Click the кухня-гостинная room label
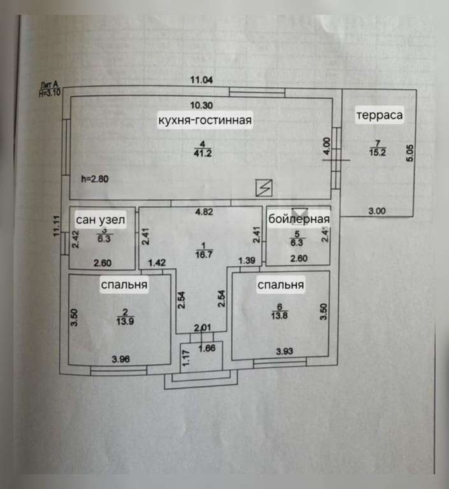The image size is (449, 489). tap(206, 120)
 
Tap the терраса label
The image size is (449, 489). tap(379, 115)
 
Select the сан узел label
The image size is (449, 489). tap(100, 220)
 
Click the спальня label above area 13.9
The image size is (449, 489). tap(124, 285)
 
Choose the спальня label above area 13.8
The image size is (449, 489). tap(280, 285)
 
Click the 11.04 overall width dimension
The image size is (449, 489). tap(203, 80)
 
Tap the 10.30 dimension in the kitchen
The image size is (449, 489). tap(203, 106)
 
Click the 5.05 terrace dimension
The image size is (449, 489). tap(410, 153)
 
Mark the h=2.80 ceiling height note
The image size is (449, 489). tap(96, 179)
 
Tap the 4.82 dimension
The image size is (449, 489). tap(203, 213)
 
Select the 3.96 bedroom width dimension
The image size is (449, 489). tap(120, 359)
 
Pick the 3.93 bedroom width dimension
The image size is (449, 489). tap(285, 351)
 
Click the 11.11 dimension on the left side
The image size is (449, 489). tap(56, 226)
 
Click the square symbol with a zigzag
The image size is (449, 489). tap(263, 187)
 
